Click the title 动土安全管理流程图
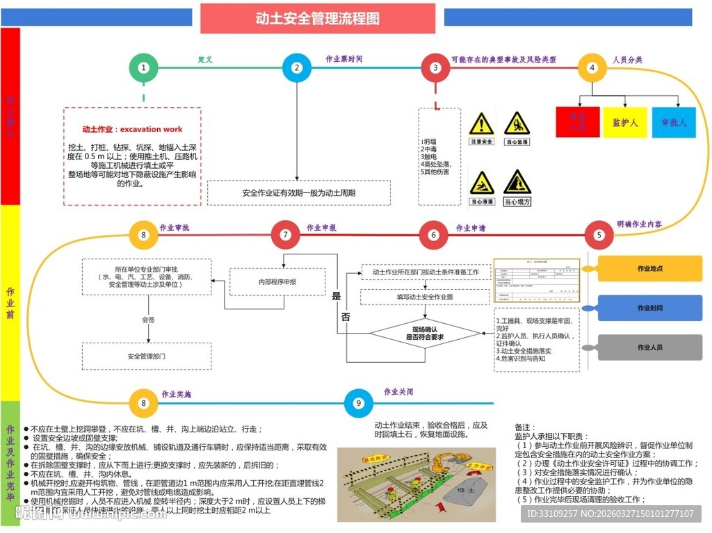coord(318,18)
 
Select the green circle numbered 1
coord(143,68)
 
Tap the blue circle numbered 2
coord(297,68)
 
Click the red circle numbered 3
coord(435,68)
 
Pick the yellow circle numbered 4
coord(592,68)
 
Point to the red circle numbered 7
coord(285,235)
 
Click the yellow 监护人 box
coord(625,122)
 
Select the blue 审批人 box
coord(674,122)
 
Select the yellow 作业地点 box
coord(650,268)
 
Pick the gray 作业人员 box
coord(650,347)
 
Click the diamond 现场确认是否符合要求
coord(425,333)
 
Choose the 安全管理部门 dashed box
coord(146,356)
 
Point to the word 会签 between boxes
coord(149,320)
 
